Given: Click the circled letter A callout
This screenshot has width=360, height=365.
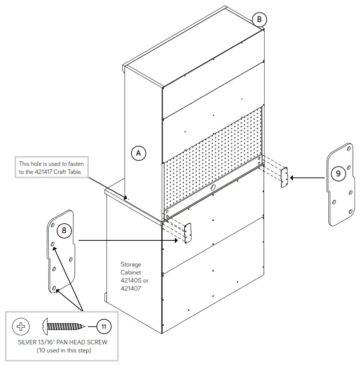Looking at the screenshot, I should pos(139,152).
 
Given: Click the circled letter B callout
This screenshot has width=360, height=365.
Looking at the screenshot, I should pos(259,19).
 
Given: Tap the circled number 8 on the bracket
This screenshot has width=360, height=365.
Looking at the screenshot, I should pos(63,231).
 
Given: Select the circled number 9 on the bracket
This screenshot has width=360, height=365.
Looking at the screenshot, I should pos(338,173).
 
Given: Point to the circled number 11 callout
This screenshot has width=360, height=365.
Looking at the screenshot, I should pos(103,326).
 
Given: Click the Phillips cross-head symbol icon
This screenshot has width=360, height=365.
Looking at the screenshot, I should pos(21,326).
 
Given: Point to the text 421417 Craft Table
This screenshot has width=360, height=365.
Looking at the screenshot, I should pos(64,171).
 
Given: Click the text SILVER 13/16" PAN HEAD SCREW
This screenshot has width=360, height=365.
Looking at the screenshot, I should pos(61,343).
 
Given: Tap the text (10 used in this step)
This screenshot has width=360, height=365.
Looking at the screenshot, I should pos(61,350).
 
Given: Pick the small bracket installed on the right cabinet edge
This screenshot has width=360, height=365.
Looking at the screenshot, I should pos(284,177).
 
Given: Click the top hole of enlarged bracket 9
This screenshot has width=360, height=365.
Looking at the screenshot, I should pos(347,148).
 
